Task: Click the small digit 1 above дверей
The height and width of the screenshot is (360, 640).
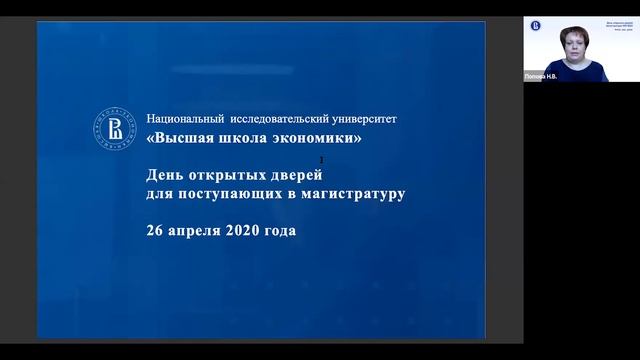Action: pyautogui.click(x=321, y=159)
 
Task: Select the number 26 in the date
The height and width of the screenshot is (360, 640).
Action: pyautogui.click(x=155, y=229)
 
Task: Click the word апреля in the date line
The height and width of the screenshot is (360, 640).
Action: pyautogui.click(x=199, y=230)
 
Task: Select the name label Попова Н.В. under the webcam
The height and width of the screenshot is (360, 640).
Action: pyautogui.click(x=540, y=76)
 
